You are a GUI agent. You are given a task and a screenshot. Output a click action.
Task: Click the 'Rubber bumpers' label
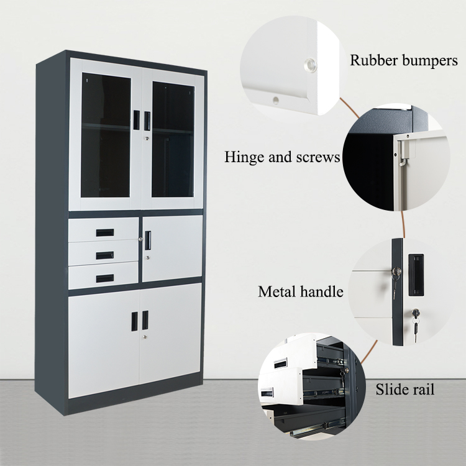coord(404,61)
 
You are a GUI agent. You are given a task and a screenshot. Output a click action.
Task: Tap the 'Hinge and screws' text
coord(282,157)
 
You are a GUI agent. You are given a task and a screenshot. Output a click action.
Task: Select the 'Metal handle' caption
coord(301,291)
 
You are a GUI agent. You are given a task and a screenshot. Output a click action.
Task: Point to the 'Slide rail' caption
coord(404,390)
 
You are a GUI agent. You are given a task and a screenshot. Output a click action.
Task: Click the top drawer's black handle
coord(105,232)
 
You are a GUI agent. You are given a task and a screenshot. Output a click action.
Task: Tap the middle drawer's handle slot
coord(104,255)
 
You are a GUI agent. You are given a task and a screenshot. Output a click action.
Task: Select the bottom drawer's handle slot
coord(104,278)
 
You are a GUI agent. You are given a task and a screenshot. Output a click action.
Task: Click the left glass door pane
coord(106,135)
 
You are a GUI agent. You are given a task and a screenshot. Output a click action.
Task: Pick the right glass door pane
coord(173,140)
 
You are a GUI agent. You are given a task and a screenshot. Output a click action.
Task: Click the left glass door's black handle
coord(137,120)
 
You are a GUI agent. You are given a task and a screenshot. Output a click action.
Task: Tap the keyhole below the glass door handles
coord(147,138)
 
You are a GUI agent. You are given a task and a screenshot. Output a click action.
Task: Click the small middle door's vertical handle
coord(148,240)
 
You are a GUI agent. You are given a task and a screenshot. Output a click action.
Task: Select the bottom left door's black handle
coord(135,321)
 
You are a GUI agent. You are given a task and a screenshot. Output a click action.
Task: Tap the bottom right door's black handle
coord(145,321)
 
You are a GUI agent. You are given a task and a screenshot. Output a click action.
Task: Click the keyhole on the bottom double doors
coord(144,337)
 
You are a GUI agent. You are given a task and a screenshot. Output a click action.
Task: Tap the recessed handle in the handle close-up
coord(416,275)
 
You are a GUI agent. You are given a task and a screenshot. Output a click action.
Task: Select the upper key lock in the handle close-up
coord(396,271)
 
